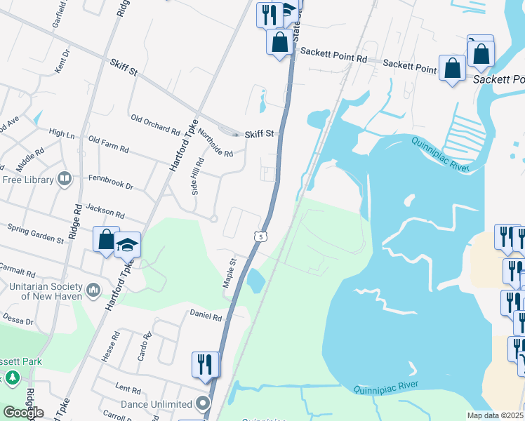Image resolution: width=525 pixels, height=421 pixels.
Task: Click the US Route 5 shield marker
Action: [x=260, y=237]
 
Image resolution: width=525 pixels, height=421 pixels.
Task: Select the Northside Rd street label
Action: [x=214, y=142]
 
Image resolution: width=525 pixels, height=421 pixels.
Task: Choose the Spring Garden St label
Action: [x=35, y=233]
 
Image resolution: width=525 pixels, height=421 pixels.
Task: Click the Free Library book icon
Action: [x=65, y=180]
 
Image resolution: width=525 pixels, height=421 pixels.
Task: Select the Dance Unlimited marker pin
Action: [x=204, y=403]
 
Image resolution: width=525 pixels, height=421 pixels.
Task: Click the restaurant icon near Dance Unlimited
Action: [x=206, y=365]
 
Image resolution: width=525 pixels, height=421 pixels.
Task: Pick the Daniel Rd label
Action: [x=205, y=315]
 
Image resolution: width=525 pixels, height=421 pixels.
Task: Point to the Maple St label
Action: [x=230, y=271]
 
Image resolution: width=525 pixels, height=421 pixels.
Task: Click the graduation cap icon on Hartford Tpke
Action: [x=127, y=245]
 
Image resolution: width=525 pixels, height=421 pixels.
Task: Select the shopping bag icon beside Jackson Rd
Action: [x=105, y=240]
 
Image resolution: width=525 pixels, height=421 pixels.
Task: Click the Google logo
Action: [x=22, y=413]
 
